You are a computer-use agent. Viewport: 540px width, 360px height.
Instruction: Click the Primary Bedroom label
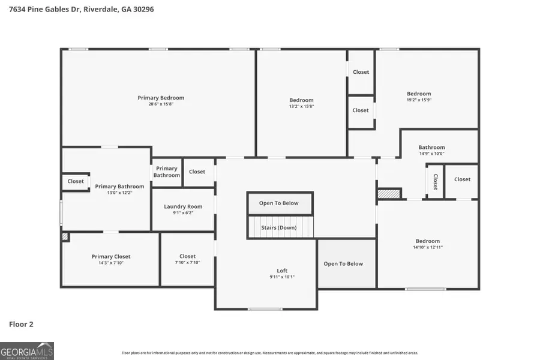(x=161, y=98)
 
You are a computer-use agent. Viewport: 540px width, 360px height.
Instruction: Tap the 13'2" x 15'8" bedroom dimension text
(x=301, y=107)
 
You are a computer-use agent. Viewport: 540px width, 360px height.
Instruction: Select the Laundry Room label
(x=183, y=206)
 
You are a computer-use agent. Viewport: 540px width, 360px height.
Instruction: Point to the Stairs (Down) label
(x=278, y=227)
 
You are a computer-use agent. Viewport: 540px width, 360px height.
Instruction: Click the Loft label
(x=282, y=271)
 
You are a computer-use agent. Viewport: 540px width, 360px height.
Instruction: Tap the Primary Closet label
(x=111, y=256)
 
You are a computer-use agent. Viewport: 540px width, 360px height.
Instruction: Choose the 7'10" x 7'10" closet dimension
(x=187, y=263)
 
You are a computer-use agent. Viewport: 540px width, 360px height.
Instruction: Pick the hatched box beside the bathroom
(x=388, y=194)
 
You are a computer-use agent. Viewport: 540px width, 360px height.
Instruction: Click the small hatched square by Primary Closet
(x=65, y=237)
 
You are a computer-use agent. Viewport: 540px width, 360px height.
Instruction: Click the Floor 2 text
(x=21, y=324)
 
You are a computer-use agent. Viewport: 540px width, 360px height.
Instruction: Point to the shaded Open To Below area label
(x=343, y=263)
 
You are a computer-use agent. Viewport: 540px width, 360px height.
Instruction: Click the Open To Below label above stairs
(x=278, y=203)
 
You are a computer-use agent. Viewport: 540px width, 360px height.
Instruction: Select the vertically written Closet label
(x=435, y=182)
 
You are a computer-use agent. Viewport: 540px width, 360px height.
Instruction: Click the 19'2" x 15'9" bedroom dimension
(x=419, y=100)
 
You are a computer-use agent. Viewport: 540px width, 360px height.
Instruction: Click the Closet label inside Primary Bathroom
(x=76, y=181)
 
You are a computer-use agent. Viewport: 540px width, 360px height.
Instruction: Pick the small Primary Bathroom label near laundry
(x=166, y=172)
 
